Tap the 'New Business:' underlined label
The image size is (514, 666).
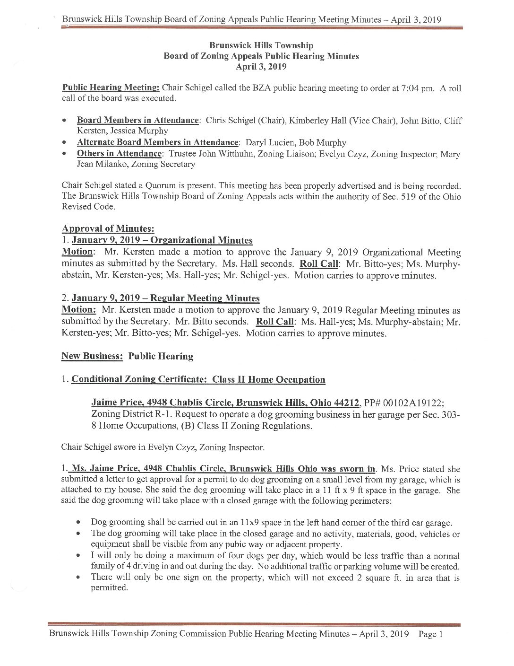(92, 356)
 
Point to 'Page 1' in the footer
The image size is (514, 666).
(430, 634)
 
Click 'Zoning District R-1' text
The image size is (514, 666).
(125, 414)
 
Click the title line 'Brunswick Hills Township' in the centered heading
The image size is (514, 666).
(261, 45)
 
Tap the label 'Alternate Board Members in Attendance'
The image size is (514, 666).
(157, 142)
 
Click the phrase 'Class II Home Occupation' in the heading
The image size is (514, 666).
(269, 379)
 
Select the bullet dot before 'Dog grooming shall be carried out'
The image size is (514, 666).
(79, 523)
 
